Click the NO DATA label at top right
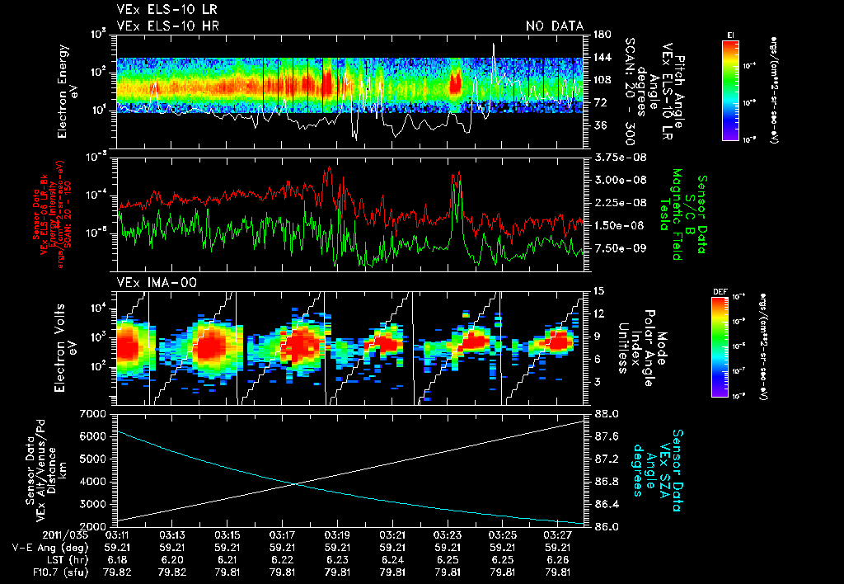(x=554, y=26)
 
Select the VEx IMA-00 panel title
(x=150, y=282)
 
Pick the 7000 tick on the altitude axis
(x=94, y=412)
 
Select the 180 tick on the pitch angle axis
(x=600, y=35)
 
